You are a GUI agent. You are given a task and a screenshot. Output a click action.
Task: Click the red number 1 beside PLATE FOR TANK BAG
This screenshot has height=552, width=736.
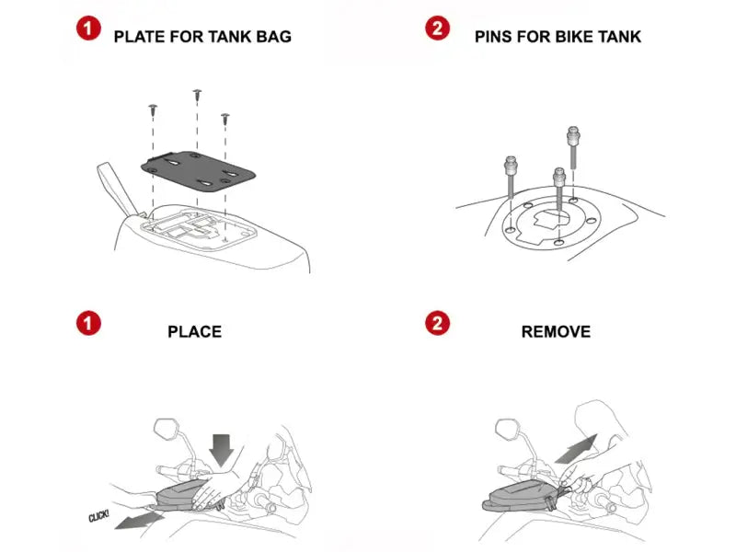pyautogui.click(x=88, y=29)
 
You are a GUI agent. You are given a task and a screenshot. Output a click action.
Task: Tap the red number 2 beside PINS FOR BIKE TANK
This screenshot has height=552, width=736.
pyautogui.click(x=438, y=29)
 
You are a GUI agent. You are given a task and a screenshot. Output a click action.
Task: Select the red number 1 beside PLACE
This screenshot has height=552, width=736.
pyautogui.click(x=88, y=323)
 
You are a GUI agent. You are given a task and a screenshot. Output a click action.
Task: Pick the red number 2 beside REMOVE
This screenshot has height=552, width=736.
pyautogui.click(x=438, y=323)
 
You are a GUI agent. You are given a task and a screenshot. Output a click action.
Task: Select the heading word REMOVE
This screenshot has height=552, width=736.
pyautogui.click(x=556, y=332)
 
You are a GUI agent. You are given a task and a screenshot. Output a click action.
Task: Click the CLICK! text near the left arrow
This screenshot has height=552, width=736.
pyautogui.click(x=98, y=516)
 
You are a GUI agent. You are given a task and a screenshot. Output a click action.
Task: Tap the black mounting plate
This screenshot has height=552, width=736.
pyautogui.click(x=198, y=171)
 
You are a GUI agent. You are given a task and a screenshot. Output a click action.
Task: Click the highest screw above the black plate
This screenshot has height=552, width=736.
pyautogui.click(x=197, y=95)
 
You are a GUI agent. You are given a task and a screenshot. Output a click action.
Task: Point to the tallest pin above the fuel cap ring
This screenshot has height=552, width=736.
pyautogui.click(x=573, y=147)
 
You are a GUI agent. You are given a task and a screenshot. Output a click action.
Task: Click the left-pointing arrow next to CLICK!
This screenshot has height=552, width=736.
pyautogui.click(x=140, y=521)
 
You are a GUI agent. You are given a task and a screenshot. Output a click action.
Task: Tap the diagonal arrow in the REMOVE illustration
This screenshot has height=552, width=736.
pyautogui.click(x=576, y=449)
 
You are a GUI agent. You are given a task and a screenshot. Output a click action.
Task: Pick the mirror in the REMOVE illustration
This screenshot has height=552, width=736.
pyautogui.click(x=509, y=429)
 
